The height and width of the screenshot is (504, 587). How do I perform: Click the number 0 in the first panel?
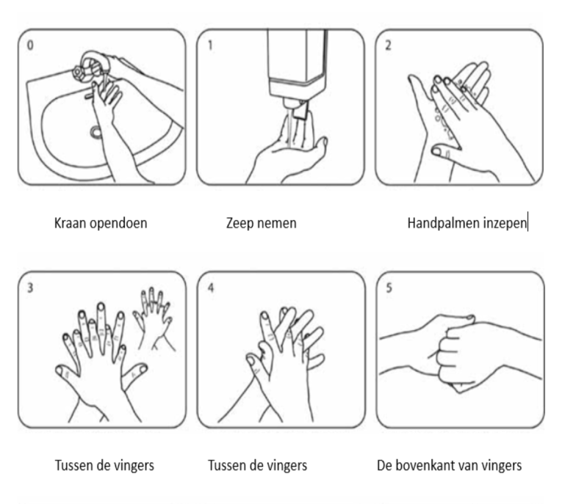(30, 45)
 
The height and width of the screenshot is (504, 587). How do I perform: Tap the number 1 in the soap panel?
(210, 45)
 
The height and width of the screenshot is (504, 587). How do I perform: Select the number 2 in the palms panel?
(388, 45)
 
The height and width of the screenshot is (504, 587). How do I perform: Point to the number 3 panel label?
(30, 288)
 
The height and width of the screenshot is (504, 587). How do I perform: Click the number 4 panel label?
(211, 288)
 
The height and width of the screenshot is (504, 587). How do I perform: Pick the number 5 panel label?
(389, 288)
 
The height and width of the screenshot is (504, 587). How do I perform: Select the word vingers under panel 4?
(287, 467)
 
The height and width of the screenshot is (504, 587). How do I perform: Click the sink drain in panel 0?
(96, 131)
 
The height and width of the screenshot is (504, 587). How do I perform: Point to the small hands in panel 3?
(154, 318)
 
